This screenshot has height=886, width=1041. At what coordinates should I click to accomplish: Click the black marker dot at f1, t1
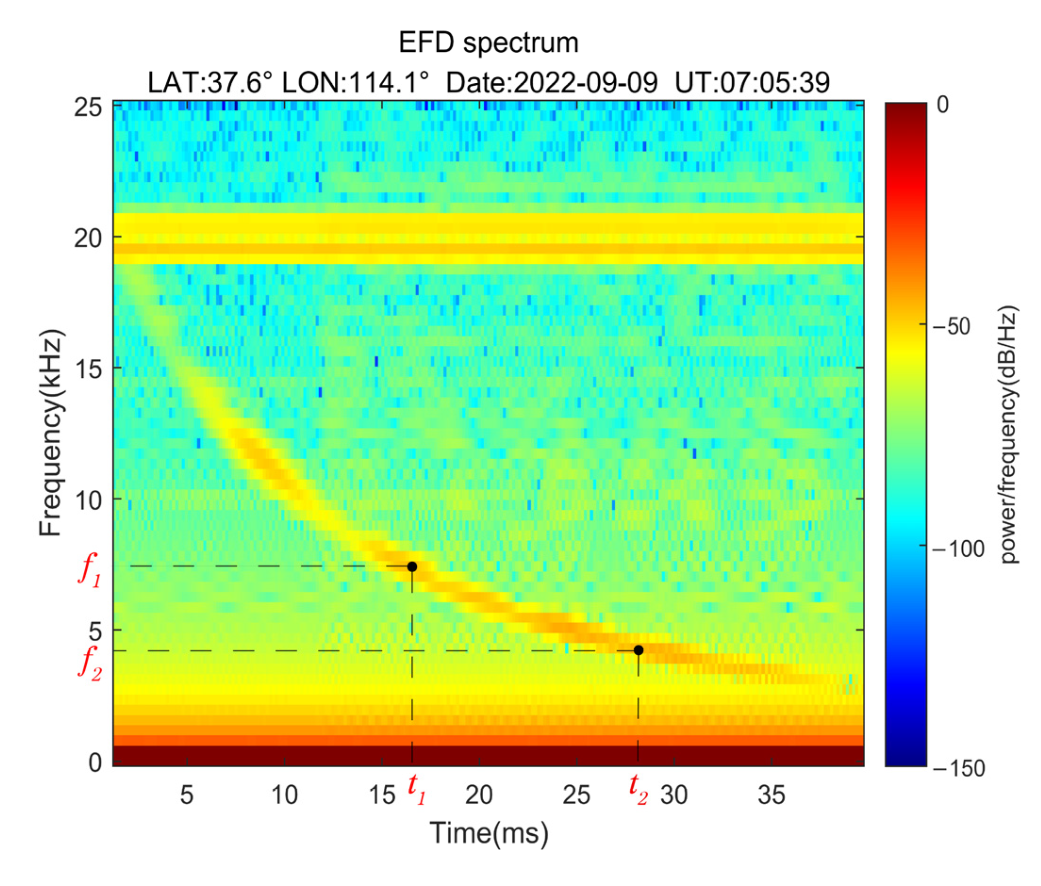pyautogui.click(x=412, y=567)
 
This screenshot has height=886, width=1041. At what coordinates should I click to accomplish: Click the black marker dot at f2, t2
pyautogui.click(x=638, y=650)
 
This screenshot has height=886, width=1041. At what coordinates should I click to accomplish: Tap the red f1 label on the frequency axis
pyautogui.click(x=90, y=571)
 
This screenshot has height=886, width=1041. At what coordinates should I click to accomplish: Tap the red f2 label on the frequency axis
pyautogui.click(x=90, y=664)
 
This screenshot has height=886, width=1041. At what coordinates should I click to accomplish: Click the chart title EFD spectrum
pyautogui.click(x=488, y=42)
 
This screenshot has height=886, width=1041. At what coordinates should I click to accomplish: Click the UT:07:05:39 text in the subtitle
pyautogui.click(x=752, y=82)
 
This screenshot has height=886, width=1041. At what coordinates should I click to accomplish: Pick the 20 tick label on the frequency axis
pyautogui.click(x=88, y=238)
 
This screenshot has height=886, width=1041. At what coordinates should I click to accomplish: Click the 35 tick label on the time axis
pyautogui.click(x=771, y=795)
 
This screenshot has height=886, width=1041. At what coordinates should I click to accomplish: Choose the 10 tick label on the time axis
pyautogui.click(x=284, y=795)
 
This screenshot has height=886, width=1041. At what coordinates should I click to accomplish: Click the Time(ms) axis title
pyautogui.click(x=488, y=833)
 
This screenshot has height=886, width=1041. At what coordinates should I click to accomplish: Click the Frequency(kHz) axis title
pyautogui.click(x=51, y=433)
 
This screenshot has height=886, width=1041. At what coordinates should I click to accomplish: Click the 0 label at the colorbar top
pyautogui.click(x=942, y=105)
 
